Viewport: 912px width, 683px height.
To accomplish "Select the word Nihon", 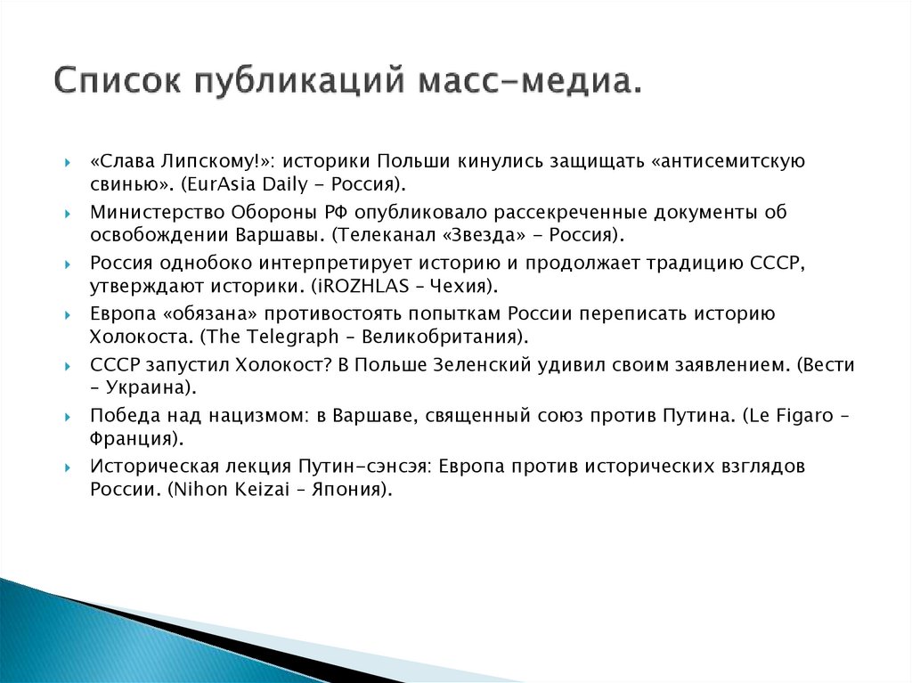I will [186, 490].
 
